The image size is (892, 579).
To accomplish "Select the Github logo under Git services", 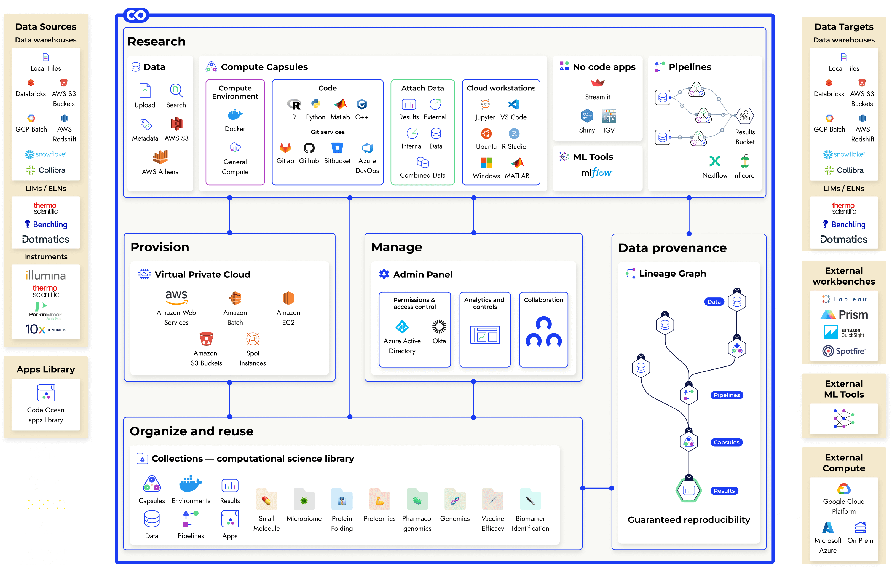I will click(x=309, y=148).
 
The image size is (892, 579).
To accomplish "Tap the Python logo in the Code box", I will click(x=315, y=104).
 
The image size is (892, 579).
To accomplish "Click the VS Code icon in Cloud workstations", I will click(x=513, y=104).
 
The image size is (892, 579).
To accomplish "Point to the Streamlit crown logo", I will click(x=598, y=82).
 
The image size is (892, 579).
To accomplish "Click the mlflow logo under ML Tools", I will click(x=596, y=173).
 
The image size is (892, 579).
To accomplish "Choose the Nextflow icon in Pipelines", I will click(x=715, y=161).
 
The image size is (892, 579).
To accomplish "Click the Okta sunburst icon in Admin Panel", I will click(x=439, y=326).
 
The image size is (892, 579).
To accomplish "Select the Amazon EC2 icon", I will click(x=288, y=298).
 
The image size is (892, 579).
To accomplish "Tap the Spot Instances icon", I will click(x=253, y=339).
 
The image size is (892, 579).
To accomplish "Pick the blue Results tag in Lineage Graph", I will click(x=724, y=490).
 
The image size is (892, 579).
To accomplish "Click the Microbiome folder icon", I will click(x=304, y=500).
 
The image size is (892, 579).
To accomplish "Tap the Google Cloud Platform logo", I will click(x=844, y=489).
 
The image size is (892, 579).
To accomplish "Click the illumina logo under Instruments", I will click(x=46, y=275).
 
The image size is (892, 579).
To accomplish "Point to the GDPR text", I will click(x=45, y=505).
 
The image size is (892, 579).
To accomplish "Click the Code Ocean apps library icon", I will click(x=46, y=393).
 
